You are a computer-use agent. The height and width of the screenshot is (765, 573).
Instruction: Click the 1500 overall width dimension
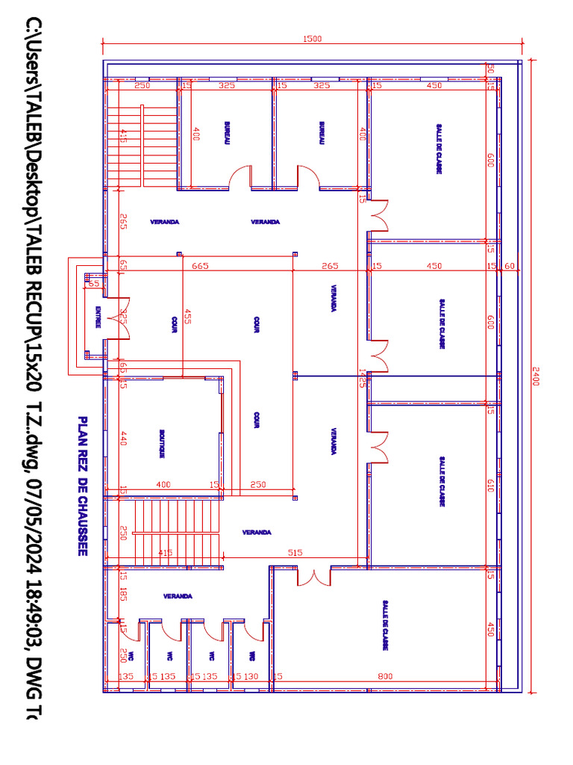coord(312,40)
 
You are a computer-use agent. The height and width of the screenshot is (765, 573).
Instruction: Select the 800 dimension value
coord(385,676)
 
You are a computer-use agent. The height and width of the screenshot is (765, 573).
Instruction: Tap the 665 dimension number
coord(199,266)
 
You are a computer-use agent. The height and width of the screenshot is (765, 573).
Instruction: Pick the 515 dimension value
coord(295,553)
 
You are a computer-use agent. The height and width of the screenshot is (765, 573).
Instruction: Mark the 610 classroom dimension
coord(490,486)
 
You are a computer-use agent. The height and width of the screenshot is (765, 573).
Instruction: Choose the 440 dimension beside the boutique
coord(123,439)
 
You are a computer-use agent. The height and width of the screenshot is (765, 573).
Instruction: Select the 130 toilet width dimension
coord(251,676)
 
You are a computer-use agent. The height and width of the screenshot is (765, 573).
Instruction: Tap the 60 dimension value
coord(510,266)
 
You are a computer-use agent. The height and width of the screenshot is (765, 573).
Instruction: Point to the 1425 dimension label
coord(362,377)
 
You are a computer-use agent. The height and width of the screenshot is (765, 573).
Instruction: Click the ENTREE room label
coord(97,318)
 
